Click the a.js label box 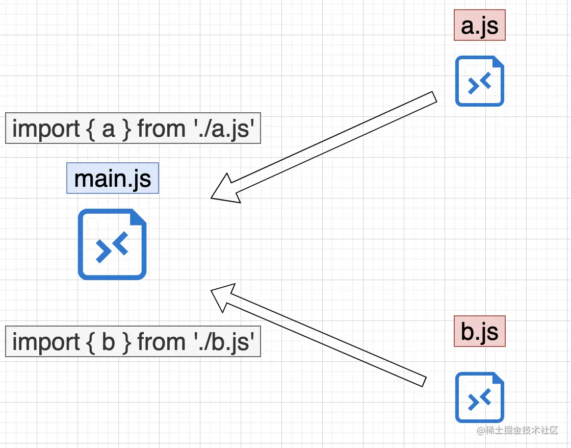(479, 25)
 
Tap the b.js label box (479, 331)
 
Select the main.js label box (113, 178)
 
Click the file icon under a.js (479, 81)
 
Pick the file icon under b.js (479, 397)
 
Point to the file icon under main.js (112, 244)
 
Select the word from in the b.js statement (161, 342)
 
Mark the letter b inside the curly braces (108, 342)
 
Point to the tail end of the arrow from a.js (434, 97)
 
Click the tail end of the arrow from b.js (423, 381)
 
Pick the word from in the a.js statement (161, 129)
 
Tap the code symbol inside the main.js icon (112, 249)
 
